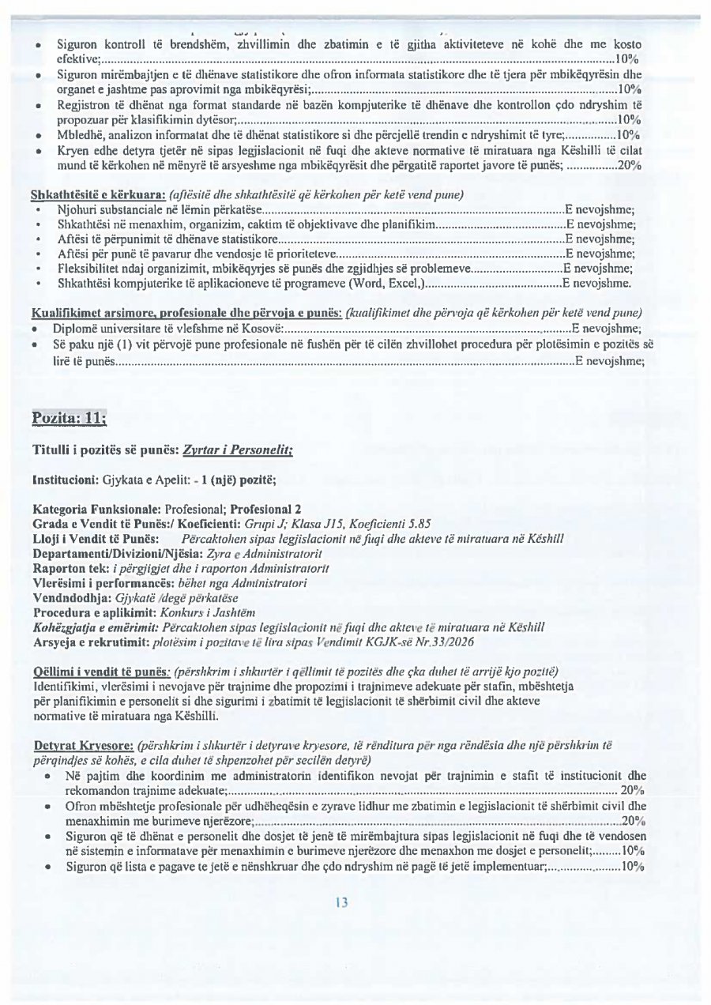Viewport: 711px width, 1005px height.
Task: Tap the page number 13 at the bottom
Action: (x=341, y=903)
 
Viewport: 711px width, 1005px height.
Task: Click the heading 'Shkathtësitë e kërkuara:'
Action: (x=92, y=194)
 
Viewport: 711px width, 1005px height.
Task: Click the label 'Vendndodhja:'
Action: (x=67, y=597)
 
